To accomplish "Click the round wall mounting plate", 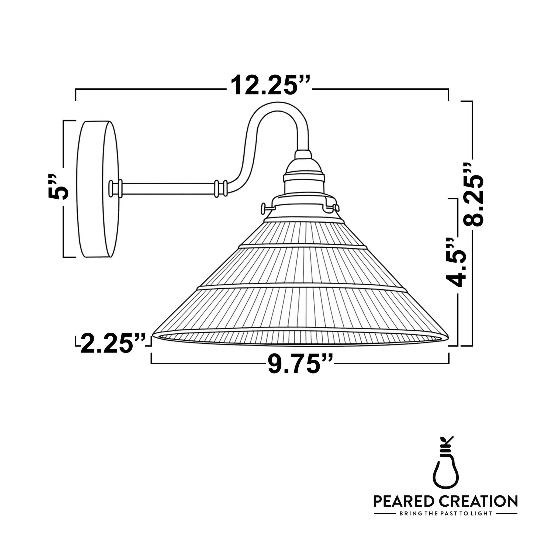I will click(x=98, y=189).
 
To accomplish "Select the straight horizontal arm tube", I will click(x=167, y=188).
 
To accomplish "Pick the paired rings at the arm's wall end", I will click(x=116, y=188).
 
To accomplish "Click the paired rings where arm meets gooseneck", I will click(x=221, y=188).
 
